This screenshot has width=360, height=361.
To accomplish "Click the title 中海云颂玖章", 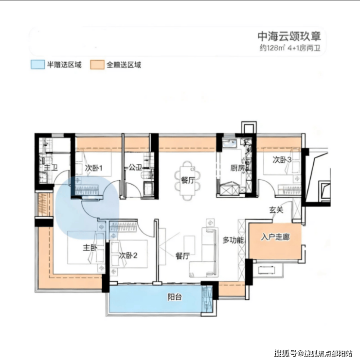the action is coord(289,36).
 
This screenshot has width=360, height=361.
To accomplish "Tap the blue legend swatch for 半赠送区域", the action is coord(37,65).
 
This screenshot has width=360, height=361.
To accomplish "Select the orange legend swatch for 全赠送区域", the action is coord(97,65).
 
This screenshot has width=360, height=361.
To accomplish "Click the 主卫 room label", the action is coord(51,167).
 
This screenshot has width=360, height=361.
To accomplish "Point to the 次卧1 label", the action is coord(93,168).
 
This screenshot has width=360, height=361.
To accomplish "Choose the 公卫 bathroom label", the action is coord(135,167).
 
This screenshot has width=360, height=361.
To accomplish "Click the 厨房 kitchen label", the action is coord(237,168).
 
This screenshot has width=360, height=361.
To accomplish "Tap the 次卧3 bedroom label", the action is coord(282,159).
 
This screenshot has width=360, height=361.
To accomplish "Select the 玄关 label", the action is coord(276,210).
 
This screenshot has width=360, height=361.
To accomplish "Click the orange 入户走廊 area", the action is coord(275,241).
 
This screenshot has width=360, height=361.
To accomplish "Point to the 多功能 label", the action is coord(233,240).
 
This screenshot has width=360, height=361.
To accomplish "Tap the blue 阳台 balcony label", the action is coord(175,297).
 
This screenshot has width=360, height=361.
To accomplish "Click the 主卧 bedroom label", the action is coord(90,247).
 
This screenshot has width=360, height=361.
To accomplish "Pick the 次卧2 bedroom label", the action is coord(128,256).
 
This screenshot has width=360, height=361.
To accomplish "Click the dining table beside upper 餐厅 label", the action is coord(187,181).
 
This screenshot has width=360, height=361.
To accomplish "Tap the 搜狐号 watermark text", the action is coord(286,353).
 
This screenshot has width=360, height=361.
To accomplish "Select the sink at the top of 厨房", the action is coord(230,143).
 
